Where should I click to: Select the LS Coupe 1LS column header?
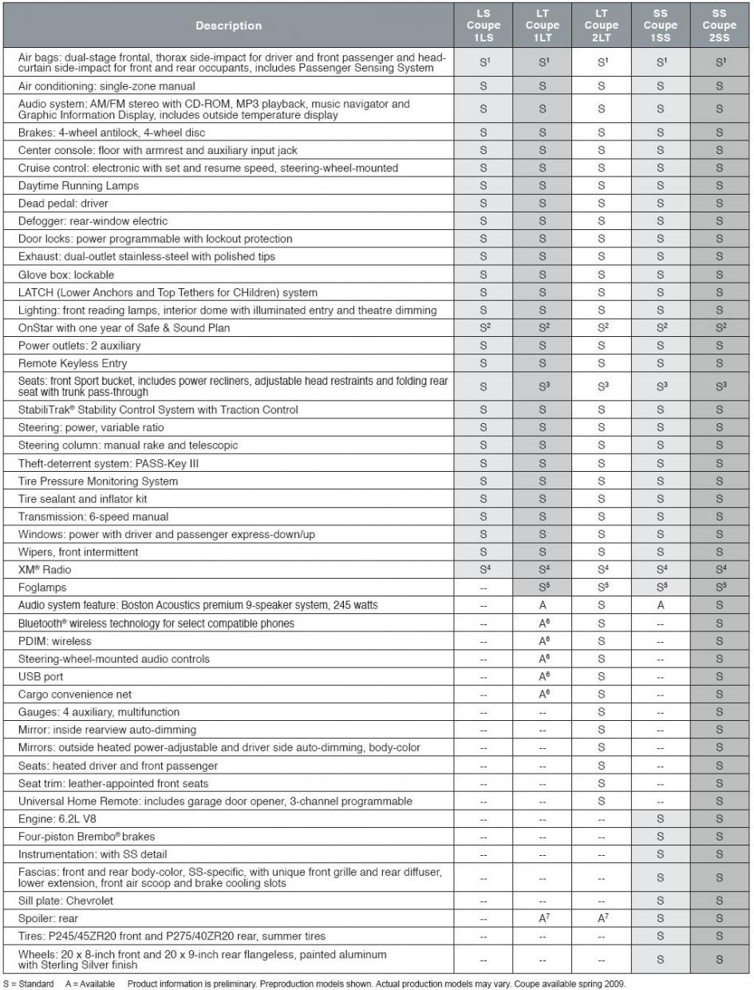[x=484, y=25]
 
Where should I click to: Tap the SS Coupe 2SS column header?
[x=719, y=25]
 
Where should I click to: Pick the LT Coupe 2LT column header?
[x=601, y=25]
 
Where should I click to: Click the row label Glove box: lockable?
[x=66, y=275]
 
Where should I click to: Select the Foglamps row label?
[x=41, y=588]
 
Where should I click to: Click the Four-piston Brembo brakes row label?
[x=86, y=837]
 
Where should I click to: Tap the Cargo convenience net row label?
[x=75, y=694]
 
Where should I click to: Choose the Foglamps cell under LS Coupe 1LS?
[x=484, y=588]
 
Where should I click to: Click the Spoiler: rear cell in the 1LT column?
[x=543, y=918]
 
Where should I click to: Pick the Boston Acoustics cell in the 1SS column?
[x=660, y=605]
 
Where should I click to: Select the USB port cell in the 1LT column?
[x=543, y=676]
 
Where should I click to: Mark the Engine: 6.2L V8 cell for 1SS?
[x=660, y=819]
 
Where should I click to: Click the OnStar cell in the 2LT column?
[x=601, y=327]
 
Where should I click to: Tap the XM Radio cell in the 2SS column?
[x=719, y=570]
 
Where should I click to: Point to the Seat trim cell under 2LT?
[x=601, y=783]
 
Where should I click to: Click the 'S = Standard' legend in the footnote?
[x=29, y=984]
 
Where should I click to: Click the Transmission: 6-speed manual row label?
[x=93, y=517]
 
